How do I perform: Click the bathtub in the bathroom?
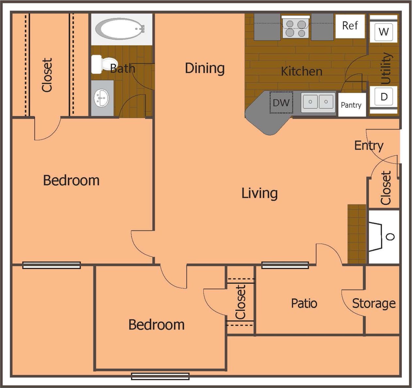click(x=120, y=29)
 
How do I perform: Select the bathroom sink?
click(x=102, y=98)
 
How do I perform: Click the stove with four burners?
click(x=295, y=28)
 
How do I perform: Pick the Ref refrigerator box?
click(x=350, y=26)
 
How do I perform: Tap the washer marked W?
click(x=384, y=32)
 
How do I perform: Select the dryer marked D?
click(x=384, y=96)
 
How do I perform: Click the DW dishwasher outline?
click(x=281, y=103)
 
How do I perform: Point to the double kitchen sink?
click(x=318, y=102)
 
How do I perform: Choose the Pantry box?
click(x=351, y=105)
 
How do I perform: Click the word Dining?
click(x=205, y=68)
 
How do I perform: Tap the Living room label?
click(x=260, y=193)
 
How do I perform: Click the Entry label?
click(x=369, y=145)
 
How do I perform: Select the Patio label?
click(x=304, y=303)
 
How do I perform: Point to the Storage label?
click(x=374, y=303)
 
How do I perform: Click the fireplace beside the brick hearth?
click(x=384, y=237)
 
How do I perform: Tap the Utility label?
click(x=386, y=68)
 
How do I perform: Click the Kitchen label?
click(x=301, y=71)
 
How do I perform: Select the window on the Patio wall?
click(x=285, y=265)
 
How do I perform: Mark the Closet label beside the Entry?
click(x=386, y=188)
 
